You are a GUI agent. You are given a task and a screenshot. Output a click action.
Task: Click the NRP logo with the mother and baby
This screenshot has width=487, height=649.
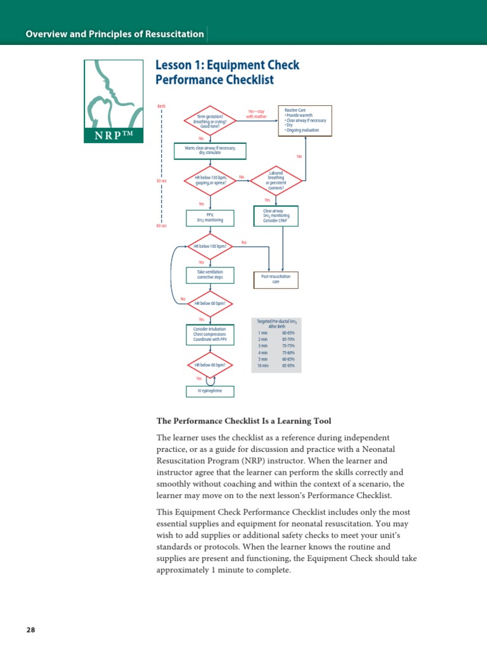pos(114,100)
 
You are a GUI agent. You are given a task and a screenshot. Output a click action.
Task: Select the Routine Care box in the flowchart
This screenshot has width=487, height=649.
pos(297,120)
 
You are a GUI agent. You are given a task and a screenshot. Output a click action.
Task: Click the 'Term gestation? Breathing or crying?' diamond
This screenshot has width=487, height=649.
pos(210,120)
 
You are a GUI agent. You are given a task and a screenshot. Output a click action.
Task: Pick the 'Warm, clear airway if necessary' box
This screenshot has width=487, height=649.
pos(209,151)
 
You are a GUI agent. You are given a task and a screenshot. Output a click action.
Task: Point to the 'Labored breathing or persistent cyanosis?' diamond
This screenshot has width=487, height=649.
pos(276,180)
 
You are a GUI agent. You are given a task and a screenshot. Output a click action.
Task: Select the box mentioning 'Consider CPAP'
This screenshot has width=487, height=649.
pos(276,215)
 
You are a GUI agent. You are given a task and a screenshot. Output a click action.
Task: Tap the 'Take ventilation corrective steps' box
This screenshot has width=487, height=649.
pos(210,275)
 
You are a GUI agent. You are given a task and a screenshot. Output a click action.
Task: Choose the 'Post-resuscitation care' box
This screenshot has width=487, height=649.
pos(276,279)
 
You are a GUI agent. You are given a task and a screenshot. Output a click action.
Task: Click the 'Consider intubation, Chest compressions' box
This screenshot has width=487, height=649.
pos(210,334)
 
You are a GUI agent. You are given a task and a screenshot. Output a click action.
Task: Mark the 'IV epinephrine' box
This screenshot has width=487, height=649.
pos(210,391)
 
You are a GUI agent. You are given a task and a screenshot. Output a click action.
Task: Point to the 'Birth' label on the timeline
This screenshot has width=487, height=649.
pos(161,106)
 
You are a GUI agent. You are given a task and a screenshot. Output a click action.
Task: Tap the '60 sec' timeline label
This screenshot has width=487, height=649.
pos(161,226)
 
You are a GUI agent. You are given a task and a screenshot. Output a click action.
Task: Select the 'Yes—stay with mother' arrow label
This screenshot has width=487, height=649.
pos(256,114)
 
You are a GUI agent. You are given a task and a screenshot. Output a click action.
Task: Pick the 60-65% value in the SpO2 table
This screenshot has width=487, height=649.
pos(288,332)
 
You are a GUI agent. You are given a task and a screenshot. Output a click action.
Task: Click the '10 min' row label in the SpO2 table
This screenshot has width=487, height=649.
pos(262,365)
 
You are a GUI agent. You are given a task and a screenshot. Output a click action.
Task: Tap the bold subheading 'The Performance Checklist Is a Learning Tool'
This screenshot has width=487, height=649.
pos(243,421)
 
